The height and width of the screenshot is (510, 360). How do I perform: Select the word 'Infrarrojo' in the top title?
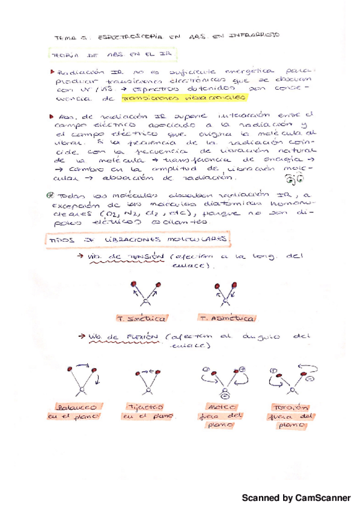point(255,36)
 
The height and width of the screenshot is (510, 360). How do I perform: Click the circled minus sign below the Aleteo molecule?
point(224,395)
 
